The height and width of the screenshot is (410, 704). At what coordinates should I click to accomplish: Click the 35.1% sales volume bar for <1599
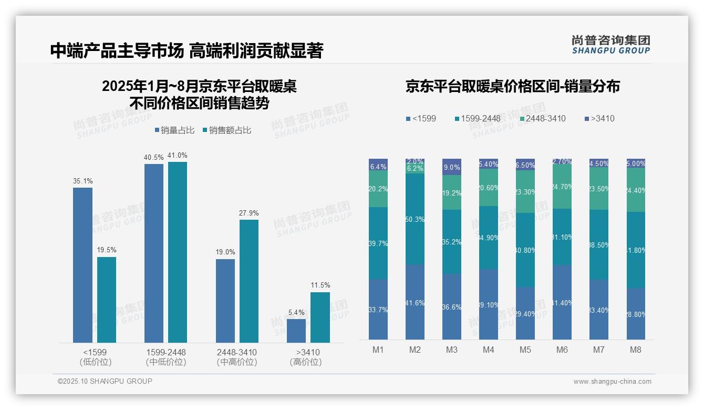point(82,265)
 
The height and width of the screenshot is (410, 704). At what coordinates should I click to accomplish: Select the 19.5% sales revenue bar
point(107,300)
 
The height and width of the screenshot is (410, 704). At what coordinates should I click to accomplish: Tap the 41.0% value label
point(178,155)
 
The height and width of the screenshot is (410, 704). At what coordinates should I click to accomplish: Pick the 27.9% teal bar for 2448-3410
point(249,281)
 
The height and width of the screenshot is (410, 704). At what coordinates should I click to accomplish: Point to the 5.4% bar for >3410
point(296,331)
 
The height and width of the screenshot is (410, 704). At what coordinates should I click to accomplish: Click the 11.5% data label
point(320,285)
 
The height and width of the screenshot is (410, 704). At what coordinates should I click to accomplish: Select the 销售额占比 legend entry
point(227,130)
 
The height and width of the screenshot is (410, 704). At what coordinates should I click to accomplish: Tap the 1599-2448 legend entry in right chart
point(478,118)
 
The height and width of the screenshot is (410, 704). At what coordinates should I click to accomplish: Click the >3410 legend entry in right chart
point(599,118)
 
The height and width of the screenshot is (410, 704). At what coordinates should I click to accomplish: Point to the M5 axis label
point(525,350)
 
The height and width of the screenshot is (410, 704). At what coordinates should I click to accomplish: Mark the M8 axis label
point(636,350)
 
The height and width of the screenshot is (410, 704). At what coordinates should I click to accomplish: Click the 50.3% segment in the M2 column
point(415,219)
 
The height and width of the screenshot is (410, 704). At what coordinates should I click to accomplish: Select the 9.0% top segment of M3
point(452,167)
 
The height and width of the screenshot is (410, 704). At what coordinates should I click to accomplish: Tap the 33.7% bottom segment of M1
point(378,309)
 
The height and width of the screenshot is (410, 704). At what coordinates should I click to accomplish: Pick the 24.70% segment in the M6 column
point(562,186)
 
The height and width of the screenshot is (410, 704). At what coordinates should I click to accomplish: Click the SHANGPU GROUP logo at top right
point(610,45)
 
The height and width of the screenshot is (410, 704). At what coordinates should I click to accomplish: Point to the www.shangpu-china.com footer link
point(612,382)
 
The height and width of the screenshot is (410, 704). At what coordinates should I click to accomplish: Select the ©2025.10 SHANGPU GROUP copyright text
point(105,381)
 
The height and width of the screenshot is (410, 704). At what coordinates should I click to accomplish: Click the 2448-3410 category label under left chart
point(237,357)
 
